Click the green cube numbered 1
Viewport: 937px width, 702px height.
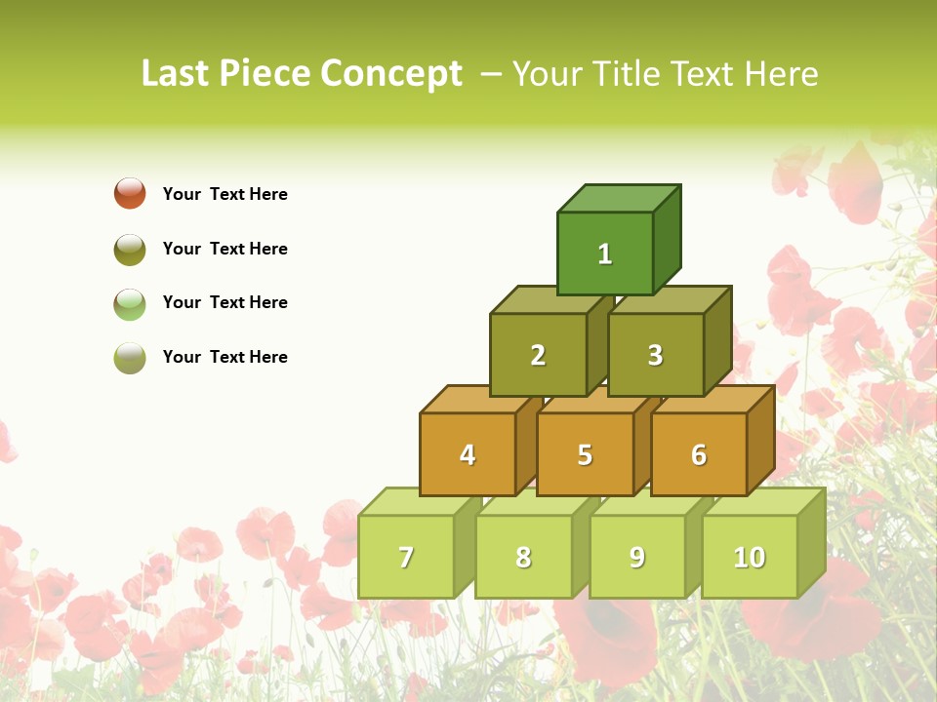[605, 253]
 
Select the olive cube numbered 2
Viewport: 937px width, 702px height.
[538, 355]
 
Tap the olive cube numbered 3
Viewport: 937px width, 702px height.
[655, 355]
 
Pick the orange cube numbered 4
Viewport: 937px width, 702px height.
[468, 454]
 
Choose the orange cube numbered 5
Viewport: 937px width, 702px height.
[585, 454]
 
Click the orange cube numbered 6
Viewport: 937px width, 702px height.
[699, 454]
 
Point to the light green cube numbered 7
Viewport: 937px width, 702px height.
[406, 557]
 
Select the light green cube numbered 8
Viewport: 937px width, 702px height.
[523, 557]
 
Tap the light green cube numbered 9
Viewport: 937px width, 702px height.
[637, 557]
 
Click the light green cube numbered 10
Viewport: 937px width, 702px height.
[750, 557]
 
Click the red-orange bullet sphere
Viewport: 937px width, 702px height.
[130, 193]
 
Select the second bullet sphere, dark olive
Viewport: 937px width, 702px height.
[130, 249]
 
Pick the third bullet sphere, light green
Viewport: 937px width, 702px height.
[130, 303]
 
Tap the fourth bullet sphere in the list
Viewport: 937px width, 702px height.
[130, 358]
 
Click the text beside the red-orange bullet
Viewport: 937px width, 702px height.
[225, 194]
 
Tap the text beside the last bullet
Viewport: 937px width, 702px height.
[225, 357]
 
